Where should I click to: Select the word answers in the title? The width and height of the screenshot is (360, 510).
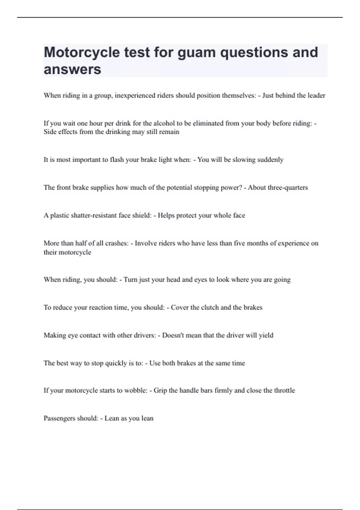click(x=72, y=69)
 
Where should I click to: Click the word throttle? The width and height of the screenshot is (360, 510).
click(x=283, y=390)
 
